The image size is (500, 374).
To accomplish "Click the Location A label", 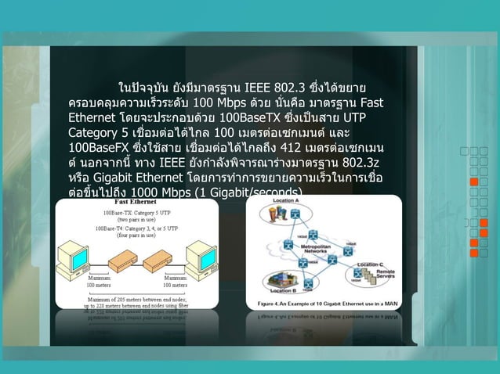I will (286, 202).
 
